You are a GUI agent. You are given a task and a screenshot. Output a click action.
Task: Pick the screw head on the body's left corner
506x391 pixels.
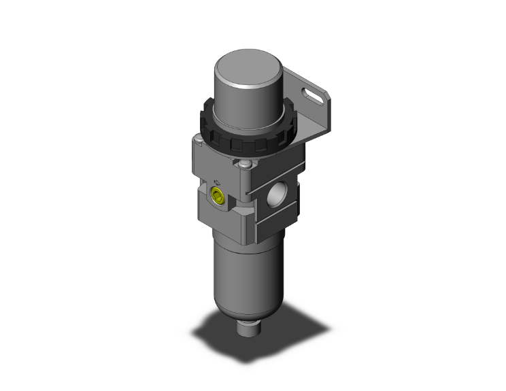point(197,141)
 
